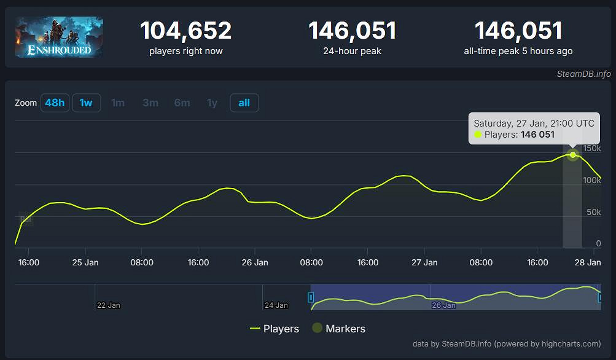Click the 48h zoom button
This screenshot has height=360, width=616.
point(55,103)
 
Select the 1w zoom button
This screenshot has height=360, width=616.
point(86,103)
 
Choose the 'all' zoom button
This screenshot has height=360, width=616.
point(244,103)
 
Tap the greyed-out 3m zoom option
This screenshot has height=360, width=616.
point(150,103)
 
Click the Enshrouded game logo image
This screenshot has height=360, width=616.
point(59,37)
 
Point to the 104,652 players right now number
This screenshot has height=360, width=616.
point(185,31)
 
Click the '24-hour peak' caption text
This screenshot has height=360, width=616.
point(352,51)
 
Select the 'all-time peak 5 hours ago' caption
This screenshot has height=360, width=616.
point(518,51)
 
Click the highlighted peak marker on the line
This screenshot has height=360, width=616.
point(573,155)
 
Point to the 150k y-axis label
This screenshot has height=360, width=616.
point(592,149)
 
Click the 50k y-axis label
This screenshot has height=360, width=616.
point(594,212)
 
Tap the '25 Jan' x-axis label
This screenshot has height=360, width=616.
point(85,262)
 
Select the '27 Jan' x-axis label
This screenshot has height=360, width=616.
point(424,262)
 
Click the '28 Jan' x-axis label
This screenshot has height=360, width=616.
point(588,262)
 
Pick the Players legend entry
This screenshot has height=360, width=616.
point(275,329)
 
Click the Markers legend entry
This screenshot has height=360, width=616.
point(338,329)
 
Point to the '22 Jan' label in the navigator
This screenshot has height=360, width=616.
point(108,305)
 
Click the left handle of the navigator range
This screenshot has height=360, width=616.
point(311,297)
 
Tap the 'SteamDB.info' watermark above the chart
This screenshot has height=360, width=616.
point(583,74)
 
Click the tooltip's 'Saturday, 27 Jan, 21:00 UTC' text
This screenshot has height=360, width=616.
point(534,123)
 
